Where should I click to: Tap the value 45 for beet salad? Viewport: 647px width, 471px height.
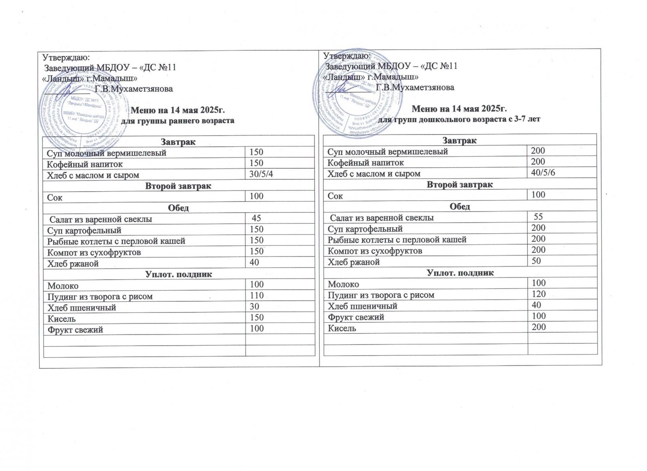[x=256, y=218]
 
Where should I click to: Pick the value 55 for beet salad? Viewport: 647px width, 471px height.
[x=538, y=217]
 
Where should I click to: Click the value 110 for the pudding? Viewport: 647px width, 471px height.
[x=257, y=296]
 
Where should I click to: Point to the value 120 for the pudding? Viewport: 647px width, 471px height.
[x=539, y=294]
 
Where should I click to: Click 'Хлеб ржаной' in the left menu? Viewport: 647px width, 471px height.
[x=73, y=264]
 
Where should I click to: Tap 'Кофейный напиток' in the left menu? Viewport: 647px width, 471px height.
[x=85, y=164]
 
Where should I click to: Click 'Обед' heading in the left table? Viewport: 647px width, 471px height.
[x=178, y=208]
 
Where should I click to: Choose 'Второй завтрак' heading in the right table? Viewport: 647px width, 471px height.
[x=460, y=184]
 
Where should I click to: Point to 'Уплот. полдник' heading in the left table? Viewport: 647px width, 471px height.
[x=178, y=275]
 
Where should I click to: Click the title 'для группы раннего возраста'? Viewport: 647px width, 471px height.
[x=178, y=121]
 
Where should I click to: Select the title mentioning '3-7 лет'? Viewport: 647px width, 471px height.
[x=461, y=119]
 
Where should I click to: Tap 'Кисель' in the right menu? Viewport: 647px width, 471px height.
[x=342, y=328]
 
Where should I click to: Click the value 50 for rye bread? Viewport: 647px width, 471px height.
[x=536, y=261]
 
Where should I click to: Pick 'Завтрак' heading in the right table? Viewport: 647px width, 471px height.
[x=460, y=140]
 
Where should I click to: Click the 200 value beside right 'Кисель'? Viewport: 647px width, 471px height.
[x=539, y=327]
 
